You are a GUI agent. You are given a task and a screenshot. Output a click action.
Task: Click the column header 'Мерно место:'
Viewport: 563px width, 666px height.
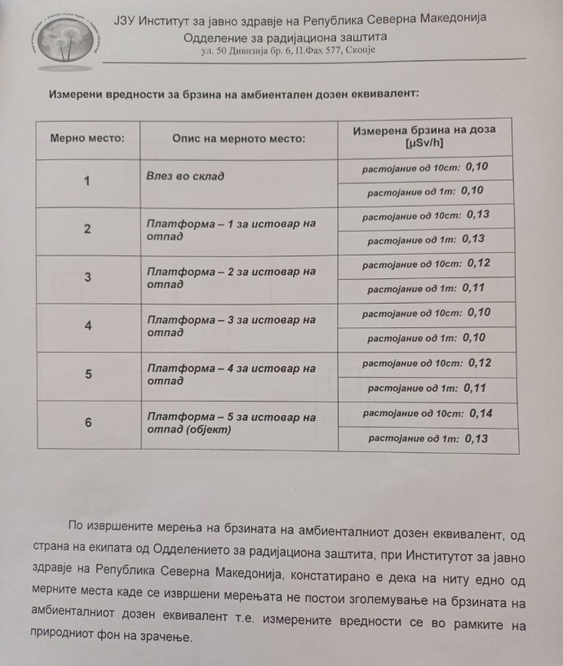(x=87, y=138)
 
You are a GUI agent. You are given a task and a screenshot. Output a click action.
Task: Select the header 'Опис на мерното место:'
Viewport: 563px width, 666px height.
(x=238, y=138)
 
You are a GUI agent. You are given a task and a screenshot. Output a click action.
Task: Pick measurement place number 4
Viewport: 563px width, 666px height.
(x=87, y=326)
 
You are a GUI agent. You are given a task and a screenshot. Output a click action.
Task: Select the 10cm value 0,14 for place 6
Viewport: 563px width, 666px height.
(x=481, y=413)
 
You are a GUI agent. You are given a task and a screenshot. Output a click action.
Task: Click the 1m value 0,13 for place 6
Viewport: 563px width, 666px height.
(x=475, y=438)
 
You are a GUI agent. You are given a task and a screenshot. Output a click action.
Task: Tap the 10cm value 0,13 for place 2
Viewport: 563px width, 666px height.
(x=481, y=215)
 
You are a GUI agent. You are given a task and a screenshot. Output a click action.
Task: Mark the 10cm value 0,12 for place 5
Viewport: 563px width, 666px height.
(x=481, y=362)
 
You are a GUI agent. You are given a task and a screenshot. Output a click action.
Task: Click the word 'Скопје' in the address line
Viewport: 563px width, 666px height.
(x=359, y=51)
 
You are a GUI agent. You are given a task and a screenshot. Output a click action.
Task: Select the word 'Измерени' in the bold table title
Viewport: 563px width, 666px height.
(x=78, y=93)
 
